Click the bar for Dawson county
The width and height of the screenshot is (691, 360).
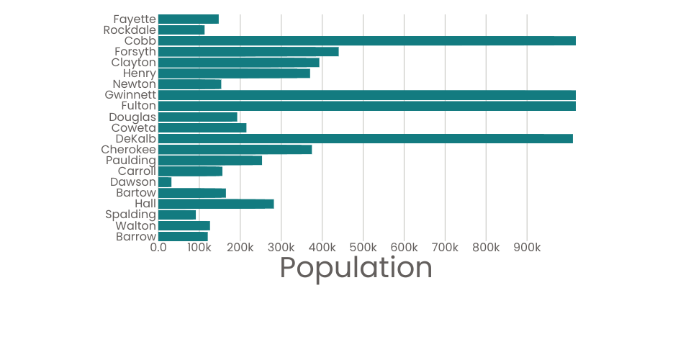pos(165,182)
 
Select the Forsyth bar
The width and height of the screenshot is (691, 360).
pos(248,52)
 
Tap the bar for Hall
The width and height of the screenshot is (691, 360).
pos(216,204)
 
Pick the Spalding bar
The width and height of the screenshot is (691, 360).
pos(177,215)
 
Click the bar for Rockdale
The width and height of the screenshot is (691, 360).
pos(181,30)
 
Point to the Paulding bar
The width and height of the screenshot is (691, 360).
pos(210,161)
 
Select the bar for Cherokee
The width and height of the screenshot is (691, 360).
pos(235,150)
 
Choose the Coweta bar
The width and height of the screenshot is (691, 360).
pos(202,128)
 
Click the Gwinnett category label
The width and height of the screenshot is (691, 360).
pos(130,95)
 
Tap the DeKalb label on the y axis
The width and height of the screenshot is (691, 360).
pos(135,138)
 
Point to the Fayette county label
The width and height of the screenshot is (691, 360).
pos(135,19)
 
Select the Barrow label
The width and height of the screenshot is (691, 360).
pos(136,236)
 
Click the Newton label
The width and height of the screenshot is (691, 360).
pos(135,84)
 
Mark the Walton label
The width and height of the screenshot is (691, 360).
pos(135,225)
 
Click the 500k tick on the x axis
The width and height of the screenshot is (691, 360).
pos(363,248)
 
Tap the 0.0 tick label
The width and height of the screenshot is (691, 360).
pos(158,248)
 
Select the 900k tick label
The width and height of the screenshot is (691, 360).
pos(528,248)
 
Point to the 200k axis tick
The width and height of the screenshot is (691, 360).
pos(240,248)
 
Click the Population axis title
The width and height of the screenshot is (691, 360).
pos(356,268)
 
